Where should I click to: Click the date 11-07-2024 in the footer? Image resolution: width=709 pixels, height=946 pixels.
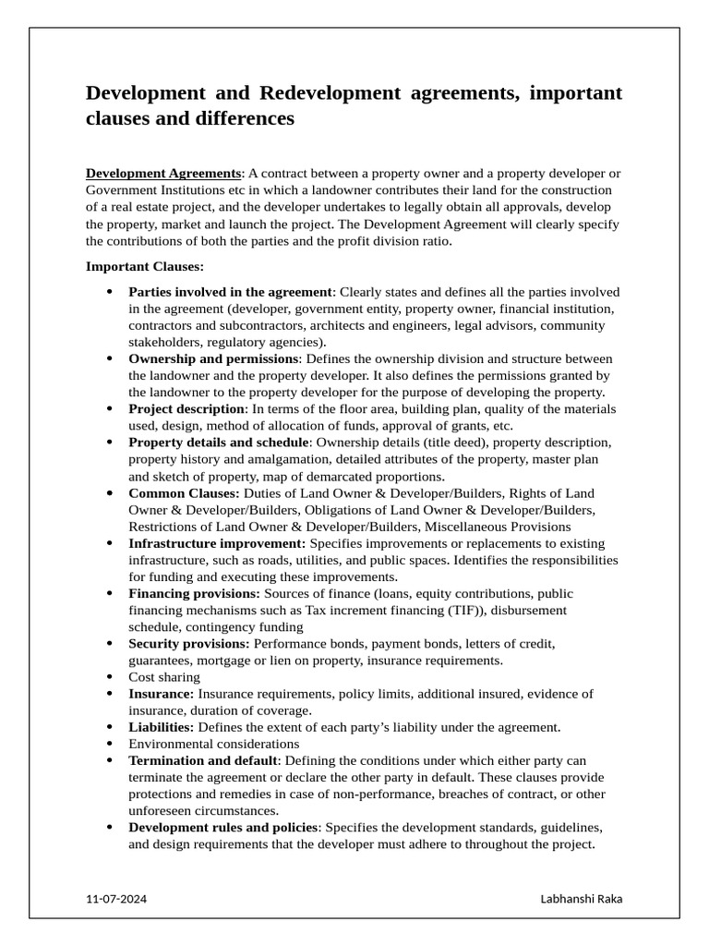pos(115,899)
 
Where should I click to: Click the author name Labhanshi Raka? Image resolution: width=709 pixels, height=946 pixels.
pos(581,899)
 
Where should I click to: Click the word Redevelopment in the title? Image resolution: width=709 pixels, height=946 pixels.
pos(330,93)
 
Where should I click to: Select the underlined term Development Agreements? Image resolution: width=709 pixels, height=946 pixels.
pos(162,174)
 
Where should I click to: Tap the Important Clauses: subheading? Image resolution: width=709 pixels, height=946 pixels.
pos(144,267)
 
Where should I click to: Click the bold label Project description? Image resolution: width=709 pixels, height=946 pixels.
pos(186,409)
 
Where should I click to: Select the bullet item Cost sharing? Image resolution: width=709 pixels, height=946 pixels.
pos(164,677)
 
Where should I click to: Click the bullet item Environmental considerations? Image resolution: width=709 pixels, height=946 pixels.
pos(214,744)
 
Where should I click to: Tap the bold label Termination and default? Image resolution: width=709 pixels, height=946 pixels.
pos(203,761)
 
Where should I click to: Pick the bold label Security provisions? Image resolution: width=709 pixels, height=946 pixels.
pos(188,644)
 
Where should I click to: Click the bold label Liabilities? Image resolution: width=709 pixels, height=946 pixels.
pos(162,727)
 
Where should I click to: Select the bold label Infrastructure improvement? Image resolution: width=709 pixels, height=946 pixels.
pos(217,543)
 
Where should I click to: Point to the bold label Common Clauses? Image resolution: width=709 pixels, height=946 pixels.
pos(184,493)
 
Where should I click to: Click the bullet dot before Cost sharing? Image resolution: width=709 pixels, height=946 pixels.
pos(109,677)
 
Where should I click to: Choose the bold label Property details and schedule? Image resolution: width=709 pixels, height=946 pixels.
pos(218,443)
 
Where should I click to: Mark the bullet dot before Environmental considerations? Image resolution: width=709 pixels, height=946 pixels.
pos(109,744)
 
